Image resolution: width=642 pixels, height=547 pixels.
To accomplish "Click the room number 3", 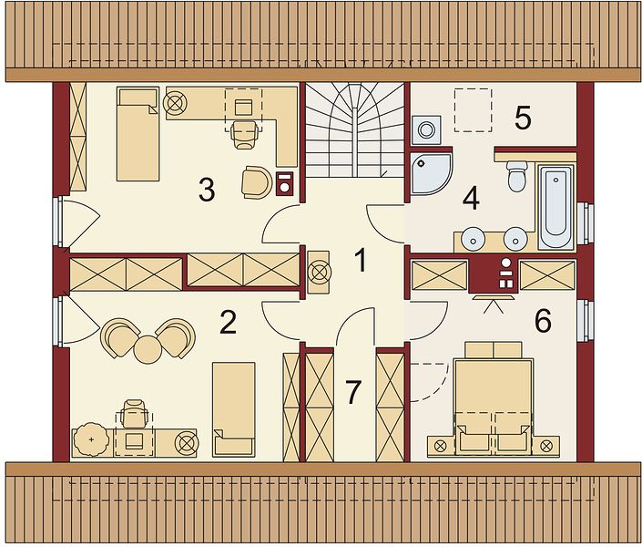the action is pos(207,191).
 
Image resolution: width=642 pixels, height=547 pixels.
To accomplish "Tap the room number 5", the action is pos(523,118).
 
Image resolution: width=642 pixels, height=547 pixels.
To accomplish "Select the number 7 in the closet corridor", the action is pos(352,392).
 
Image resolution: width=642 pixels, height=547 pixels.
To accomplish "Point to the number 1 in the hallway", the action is pos(361,261).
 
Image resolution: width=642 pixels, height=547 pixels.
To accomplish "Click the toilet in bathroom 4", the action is pos(517,176).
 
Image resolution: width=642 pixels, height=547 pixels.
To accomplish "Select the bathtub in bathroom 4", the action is pos(556,206).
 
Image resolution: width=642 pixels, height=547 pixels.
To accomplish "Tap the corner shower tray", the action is pos(432,173).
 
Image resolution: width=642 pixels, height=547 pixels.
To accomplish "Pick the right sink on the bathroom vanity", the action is pos(515,238).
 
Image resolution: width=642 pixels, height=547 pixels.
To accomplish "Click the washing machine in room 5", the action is pos(427,130).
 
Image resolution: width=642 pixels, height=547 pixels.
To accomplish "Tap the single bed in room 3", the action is pos(138,134).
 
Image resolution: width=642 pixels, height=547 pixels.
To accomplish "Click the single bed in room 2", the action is pos(234,408).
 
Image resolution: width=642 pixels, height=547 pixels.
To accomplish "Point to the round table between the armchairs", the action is pos(148,349).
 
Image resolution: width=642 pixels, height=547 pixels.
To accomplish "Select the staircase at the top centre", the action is pos(353,130).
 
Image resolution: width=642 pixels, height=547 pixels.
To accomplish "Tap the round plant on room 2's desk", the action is pos(91,439).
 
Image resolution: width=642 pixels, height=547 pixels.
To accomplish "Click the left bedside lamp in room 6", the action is pos(441,445).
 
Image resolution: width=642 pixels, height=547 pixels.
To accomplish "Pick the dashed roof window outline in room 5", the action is pos(473,110).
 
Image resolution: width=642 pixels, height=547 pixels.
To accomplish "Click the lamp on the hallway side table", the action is pos(319,272).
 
